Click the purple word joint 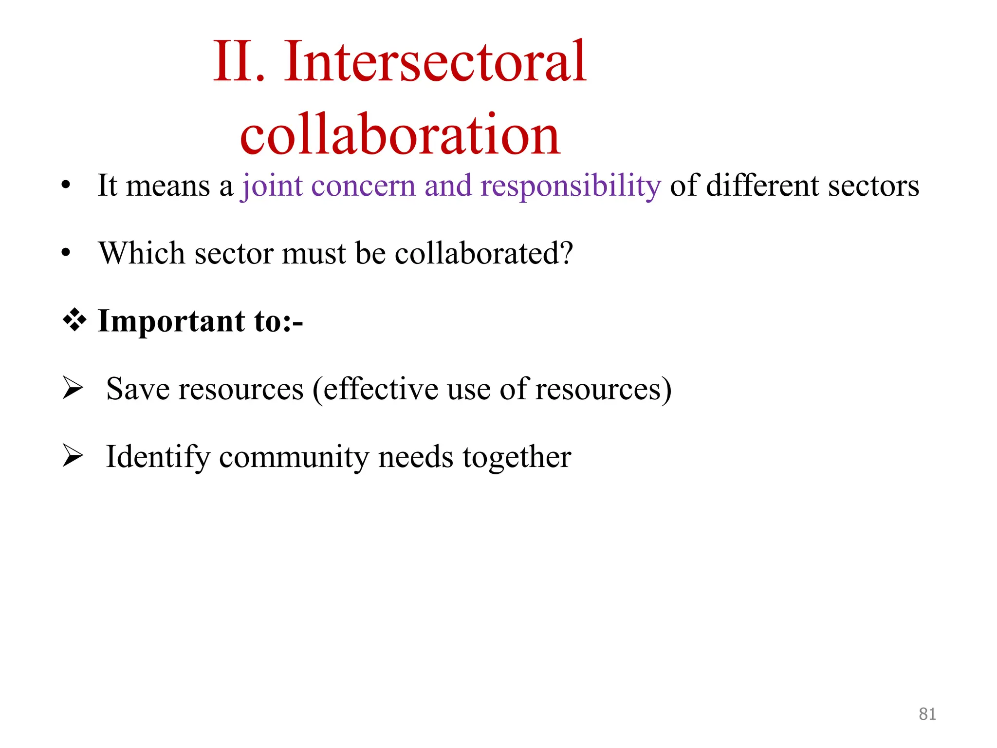[x=272, y=186]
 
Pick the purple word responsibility [x=571, y=186]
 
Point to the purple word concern [x=363, y=186]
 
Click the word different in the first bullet [x=762, y=186]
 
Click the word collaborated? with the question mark [x=484, y=253]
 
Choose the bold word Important [x=171, y=321]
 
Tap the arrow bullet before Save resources [x=73, y=389]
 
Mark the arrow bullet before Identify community [x=73, y=456]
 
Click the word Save [x=137, y=389]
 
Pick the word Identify [x=158, y=457]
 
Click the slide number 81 [x=927, y=714]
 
